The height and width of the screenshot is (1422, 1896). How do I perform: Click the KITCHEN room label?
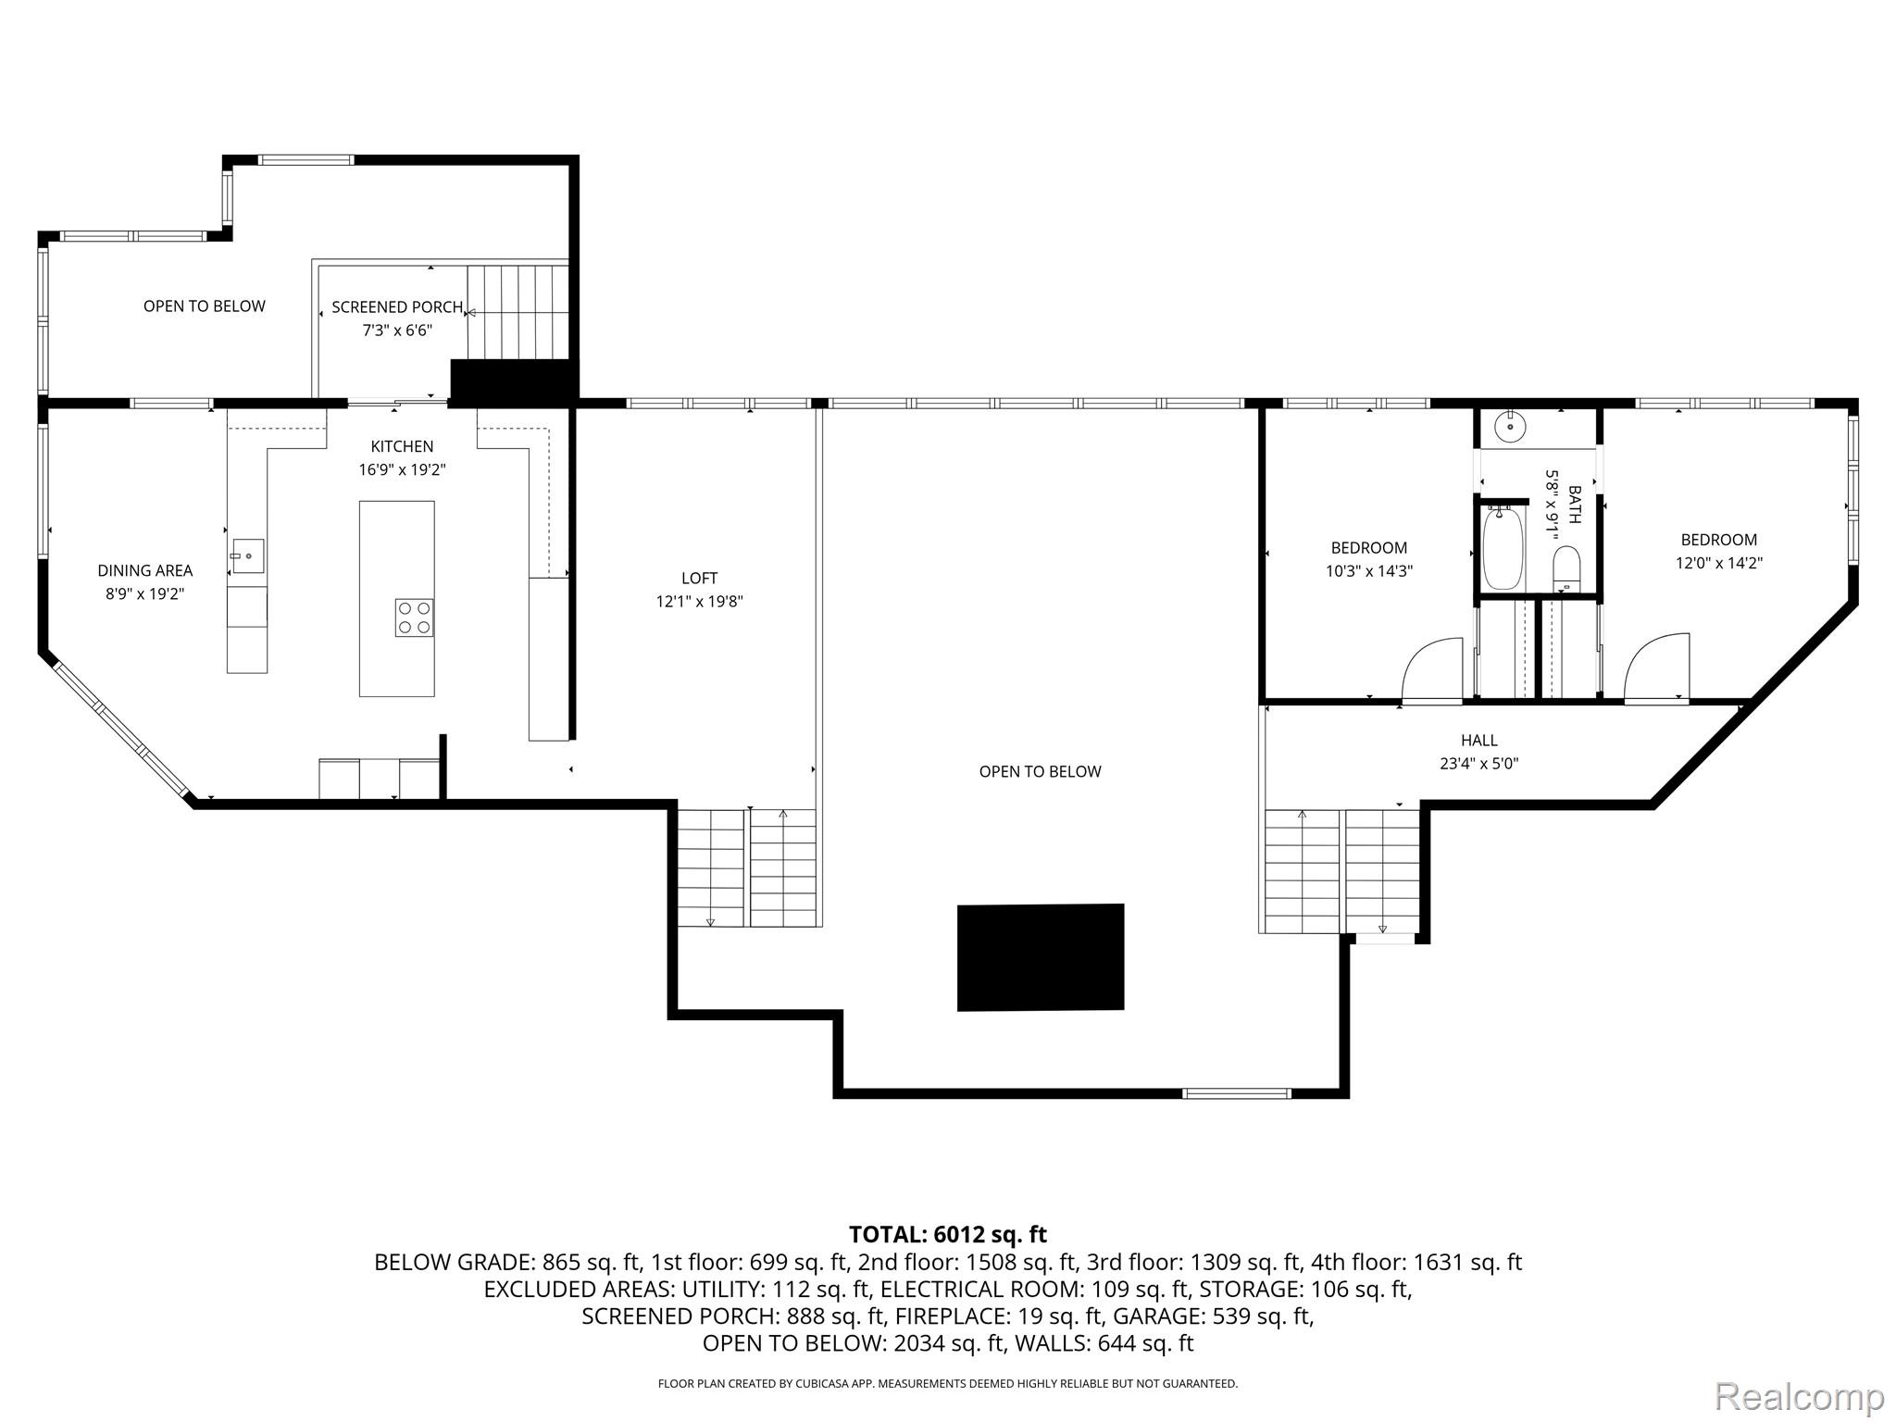click(402, 446)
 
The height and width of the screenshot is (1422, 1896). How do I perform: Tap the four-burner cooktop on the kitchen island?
click(414, 617)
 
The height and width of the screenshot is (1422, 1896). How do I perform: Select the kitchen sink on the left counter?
click(247, 555)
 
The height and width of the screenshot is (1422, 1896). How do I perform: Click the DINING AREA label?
click(145, 571)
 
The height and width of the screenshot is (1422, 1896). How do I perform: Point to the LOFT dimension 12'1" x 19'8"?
click(699, 602)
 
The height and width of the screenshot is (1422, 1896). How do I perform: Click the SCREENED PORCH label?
click(397, 307)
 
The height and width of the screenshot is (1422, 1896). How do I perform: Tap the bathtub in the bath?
click(1503, 548)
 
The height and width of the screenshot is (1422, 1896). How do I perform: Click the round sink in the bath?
click(1510, 427)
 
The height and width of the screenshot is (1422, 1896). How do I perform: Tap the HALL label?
click(1478, 741)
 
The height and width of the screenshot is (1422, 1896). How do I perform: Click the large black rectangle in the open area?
click(1040, 957)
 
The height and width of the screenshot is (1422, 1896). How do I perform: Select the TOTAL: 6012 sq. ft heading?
click(947, 1234)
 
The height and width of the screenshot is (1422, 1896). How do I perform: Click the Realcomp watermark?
click(1799, 1395)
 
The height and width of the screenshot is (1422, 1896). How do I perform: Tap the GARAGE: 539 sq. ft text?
click(1213, 1316)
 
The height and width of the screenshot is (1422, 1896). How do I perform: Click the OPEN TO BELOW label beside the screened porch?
click(204, 306)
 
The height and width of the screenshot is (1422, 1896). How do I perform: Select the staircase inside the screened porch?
click(517, 312)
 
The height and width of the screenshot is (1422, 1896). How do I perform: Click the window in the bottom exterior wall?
click(1236, 1093)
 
